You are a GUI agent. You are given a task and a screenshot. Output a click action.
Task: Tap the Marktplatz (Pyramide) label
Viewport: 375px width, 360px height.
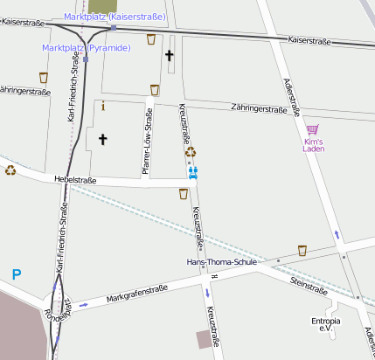click(x=87, y=48)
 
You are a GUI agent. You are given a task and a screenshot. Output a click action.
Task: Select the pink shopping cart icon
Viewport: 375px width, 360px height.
click(x=312, y=129)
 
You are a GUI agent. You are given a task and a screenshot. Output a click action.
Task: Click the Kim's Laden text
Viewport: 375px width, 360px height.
click(x=314, y=146)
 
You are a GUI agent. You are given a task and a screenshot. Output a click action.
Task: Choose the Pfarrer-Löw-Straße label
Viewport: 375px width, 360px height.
click(x=148, y=145)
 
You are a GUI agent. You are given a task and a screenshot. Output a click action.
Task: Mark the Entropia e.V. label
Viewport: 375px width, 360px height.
click(x=326, y=325)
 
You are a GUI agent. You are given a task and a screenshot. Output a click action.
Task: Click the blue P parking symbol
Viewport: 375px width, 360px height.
click(x=17, y=274)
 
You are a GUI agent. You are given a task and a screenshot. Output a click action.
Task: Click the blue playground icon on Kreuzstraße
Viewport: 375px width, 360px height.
click(x=193, y=172)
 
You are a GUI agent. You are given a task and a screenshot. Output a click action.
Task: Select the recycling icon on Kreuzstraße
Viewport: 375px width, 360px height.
click(x=191, y=152)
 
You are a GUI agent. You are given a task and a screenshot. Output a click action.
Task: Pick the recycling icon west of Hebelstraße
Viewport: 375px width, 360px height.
click(x=10, y=170)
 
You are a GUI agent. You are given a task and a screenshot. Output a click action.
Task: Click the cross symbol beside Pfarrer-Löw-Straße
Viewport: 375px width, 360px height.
click(x=102, y=138)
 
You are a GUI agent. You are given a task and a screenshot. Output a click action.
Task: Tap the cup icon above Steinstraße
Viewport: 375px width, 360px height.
click(x=302, y=251)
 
